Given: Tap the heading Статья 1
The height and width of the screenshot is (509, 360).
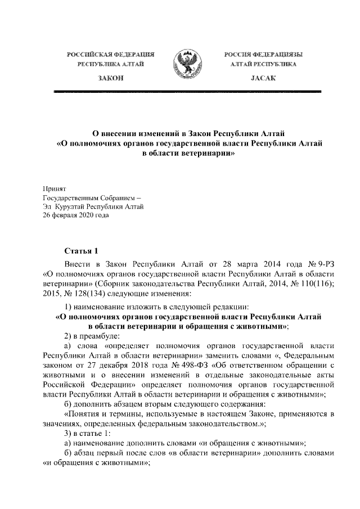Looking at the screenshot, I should [82, 250].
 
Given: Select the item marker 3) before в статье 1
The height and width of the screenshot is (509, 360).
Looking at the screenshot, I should [68, 434].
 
